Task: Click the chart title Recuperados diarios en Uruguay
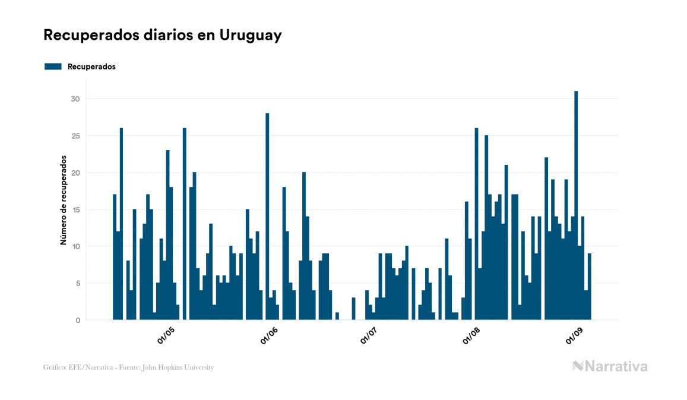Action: click(x=163, y=35)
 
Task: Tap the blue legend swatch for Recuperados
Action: click(x=53, y=66)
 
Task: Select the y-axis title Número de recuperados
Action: click(x=63, y=200)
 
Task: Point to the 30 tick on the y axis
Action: click(x=75, y=99)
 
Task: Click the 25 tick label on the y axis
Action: click(x=75, y=136)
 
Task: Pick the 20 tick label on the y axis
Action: click(x=75, y=173)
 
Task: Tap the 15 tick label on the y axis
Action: click(x=75, y=209)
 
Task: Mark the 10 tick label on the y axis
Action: click(x=75, y=246)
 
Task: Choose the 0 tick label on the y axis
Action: click(x=77, y=320)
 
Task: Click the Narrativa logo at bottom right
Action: click(x=610, y=366)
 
